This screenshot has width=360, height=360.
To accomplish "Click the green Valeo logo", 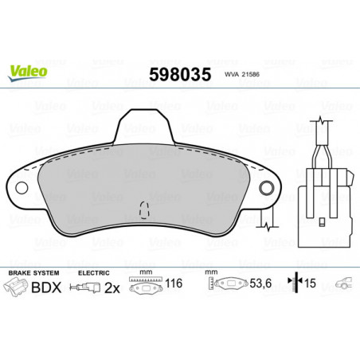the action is pos(27,72).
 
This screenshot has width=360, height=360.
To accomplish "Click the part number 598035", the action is pos(180,74).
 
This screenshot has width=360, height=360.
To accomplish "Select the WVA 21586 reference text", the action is pos(242,74).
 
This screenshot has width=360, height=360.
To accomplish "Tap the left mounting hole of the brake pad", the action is pos(22,188).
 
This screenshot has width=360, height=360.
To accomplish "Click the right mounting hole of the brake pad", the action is pos(266,188).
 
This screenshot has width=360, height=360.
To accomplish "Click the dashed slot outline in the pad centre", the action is pos(144,209).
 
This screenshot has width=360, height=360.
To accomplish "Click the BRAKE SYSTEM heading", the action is pos(33,273).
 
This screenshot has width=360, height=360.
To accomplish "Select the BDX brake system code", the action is pos(46,288).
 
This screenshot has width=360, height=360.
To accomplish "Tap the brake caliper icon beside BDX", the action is pos(16,287).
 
